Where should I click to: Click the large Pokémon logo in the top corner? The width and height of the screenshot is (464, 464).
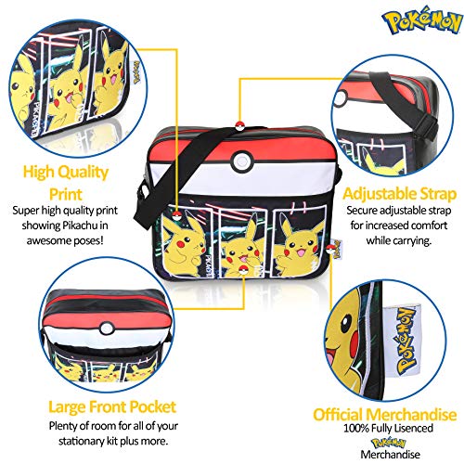422,21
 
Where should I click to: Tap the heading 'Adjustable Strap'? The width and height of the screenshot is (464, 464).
399,194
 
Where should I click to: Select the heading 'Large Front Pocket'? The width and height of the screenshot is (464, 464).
112,406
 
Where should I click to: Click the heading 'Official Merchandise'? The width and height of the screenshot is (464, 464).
385,415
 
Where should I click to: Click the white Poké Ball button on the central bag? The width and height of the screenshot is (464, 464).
241,161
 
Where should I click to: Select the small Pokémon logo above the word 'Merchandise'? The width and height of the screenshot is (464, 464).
389,443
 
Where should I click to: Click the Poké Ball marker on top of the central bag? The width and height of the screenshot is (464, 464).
240,126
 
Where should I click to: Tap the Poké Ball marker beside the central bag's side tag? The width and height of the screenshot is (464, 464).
330,248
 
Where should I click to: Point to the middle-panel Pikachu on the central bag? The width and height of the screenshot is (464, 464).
242,249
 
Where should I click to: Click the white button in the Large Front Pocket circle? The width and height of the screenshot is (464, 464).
107,329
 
